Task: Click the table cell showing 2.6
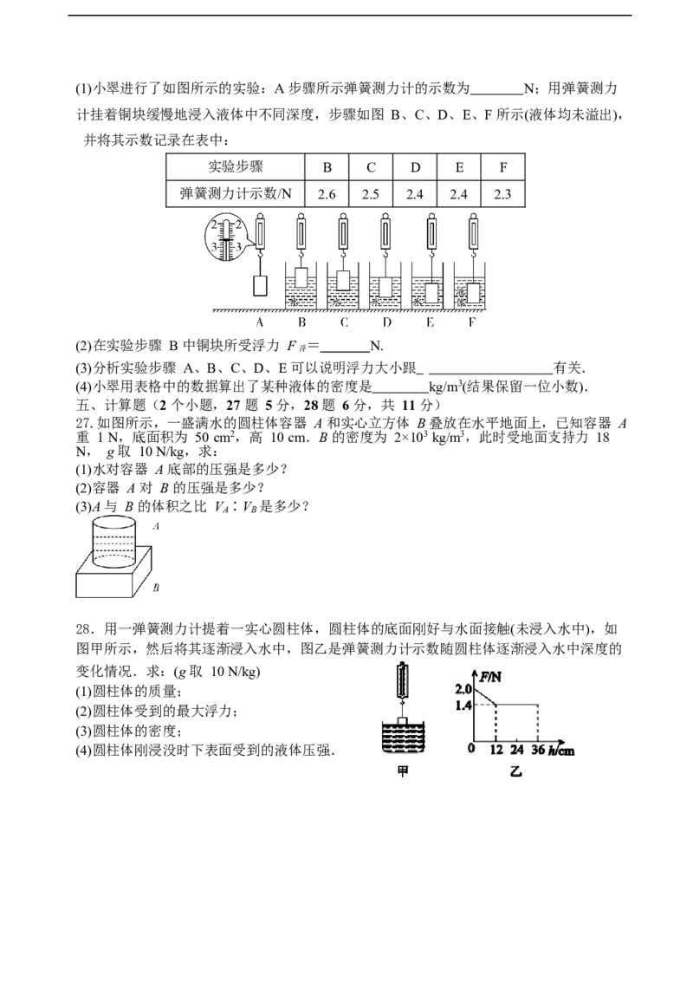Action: tap(327, 194)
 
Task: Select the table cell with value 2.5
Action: tap(371, 194)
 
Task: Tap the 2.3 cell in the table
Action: tap(502, 194)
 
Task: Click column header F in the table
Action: tap(502, 167)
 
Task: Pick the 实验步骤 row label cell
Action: tap(236, 167)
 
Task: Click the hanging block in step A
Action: tap(261, 285)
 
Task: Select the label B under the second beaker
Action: tap(301, 322)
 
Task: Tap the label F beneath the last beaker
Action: tap(472, 322)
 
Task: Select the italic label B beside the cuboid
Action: tap(156, 588)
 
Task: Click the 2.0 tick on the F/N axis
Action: tap(463, 690)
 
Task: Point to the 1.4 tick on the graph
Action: tap(463, 706)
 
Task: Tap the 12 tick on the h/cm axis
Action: tap(496, 750)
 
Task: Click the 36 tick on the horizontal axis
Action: tap(538, 750)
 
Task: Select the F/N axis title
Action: tap(490, 677)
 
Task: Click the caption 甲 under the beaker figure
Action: tap(403, 772)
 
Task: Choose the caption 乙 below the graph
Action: tap(515, 772)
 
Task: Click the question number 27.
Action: tap(84, 424)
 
